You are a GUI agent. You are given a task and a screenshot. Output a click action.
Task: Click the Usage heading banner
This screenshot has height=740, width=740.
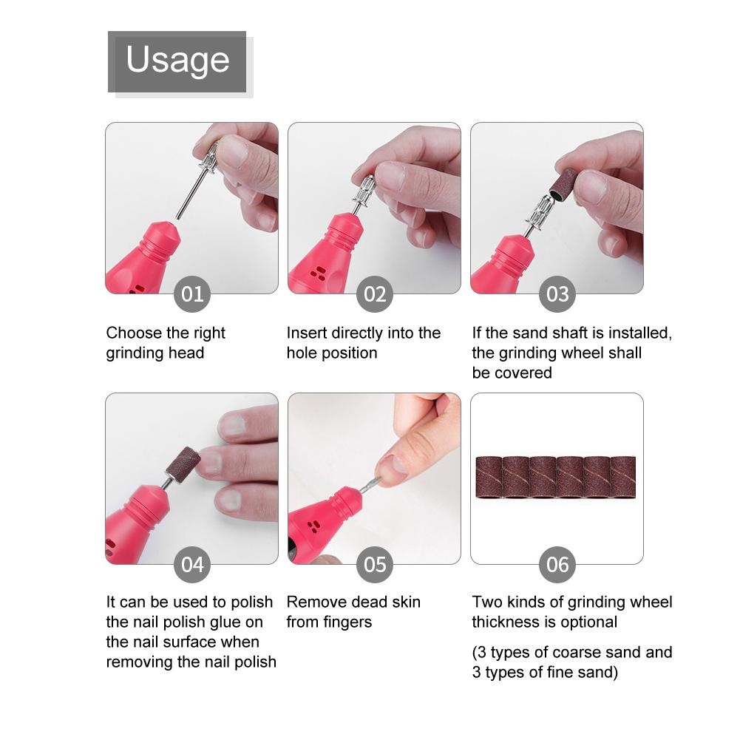pos(177,61)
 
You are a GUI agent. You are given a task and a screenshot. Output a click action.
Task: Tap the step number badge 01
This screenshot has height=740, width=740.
pos(192,295)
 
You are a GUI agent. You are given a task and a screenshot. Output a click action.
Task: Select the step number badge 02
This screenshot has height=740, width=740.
pos(375,295)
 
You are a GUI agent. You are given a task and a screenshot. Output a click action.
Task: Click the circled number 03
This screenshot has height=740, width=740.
pos(557,295)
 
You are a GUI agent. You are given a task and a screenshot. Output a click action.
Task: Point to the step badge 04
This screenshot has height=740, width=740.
pos(192,565)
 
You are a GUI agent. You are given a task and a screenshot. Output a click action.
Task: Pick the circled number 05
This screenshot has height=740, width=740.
pos(375,565)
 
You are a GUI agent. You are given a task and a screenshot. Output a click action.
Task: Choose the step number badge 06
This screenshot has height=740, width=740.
pos(557,565)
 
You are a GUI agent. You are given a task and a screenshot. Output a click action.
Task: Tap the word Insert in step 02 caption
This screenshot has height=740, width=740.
pos(306,333)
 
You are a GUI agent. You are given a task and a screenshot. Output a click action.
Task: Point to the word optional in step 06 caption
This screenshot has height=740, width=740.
pos(588,622)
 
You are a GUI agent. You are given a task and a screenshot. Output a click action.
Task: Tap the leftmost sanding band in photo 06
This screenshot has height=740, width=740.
pos(488,477)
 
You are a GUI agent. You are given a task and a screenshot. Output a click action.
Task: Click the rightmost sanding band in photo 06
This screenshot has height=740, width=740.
pos(624,477)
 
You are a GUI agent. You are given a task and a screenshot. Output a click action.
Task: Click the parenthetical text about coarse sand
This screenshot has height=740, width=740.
pos(572,662)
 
